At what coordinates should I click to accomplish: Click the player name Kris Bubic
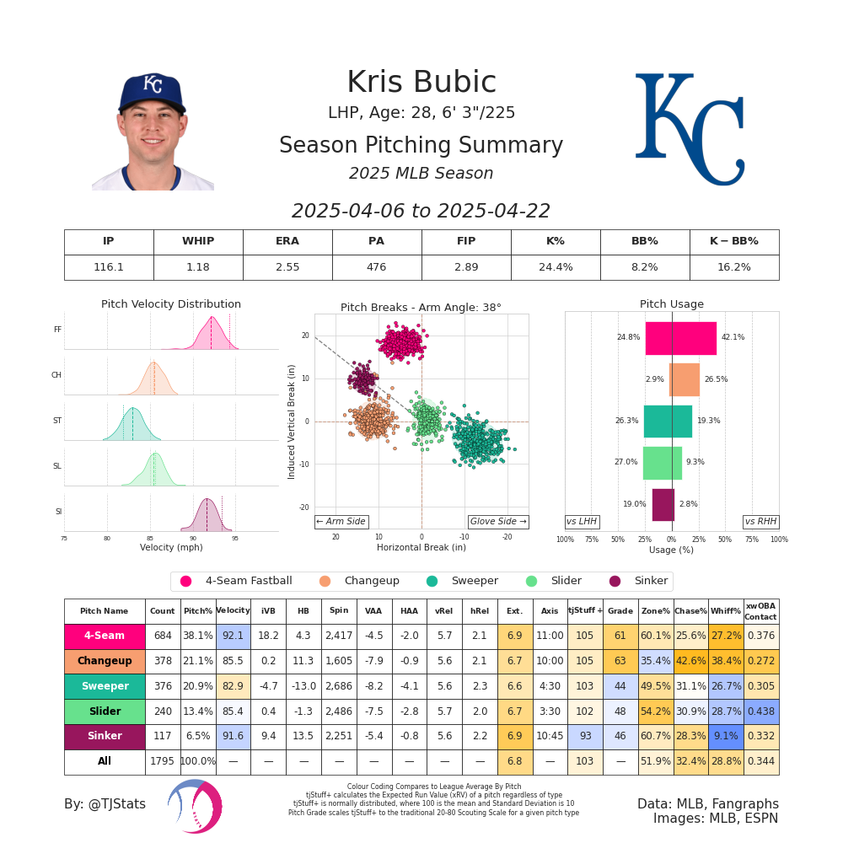(421, 83)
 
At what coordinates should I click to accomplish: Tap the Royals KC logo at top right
(690, 128)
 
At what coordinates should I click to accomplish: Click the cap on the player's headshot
(152, 91)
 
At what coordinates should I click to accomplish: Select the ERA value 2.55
(287, 267)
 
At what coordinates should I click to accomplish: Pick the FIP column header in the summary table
(466, 242)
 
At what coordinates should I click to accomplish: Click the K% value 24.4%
(556, 267)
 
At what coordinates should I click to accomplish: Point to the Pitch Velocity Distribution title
(171, 304)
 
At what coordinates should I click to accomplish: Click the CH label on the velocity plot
(56, 375)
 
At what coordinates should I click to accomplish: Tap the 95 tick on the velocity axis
(235, 538)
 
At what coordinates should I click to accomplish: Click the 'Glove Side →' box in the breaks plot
(497, 522)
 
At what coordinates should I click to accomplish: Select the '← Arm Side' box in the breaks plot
(341, 522)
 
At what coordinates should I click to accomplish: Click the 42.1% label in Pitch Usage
(733, 337)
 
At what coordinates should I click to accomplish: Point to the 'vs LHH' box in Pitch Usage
(582, 522)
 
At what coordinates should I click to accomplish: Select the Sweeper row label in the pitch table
(105, 686)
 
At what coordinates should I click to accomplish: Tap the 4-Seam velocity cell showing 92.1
(233, 636)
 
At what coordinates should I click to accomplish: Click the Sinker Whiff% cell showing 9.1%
(725, 736)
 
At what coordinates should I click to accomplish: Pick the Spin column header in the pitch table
(339, 611)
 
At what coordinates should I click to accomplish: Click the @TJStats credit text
(105, 804)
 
